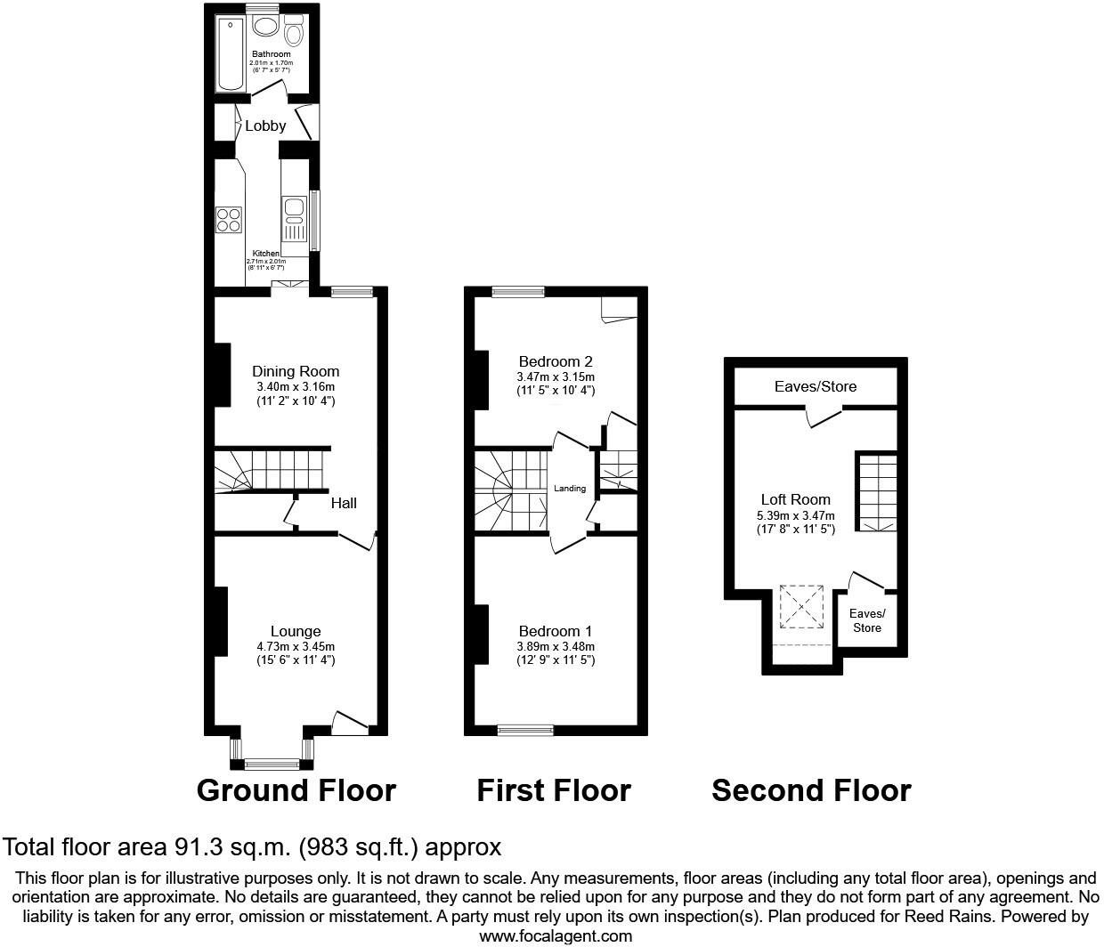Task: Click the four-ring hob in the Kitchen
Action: (x=229, y=219)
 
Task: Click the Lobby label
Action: (x=265, y=125)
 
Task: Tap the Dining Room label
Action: (x=296, y=371)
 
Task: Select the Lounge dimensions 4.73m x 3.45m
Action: (x=296, y=646)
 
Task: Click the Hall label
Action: (x=344, y=503)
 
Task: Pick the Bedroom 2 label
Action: (x=556, y=361)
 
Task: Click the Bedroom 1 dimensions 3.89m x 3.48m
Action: (x=556, y=646)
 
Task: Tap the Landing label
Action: (x=570, y=488)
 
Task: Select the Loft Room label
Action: (x=795, y=499)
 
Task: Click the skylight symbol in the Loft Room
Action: (x=803, y=607)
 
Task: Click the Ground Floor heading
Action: (x=296, y=790)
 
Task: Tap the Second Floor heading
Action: (x=811, y=790)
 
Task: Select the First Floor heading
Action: (x=554, y=790)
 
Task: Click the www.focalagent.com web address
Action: (x=556, y=935)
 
